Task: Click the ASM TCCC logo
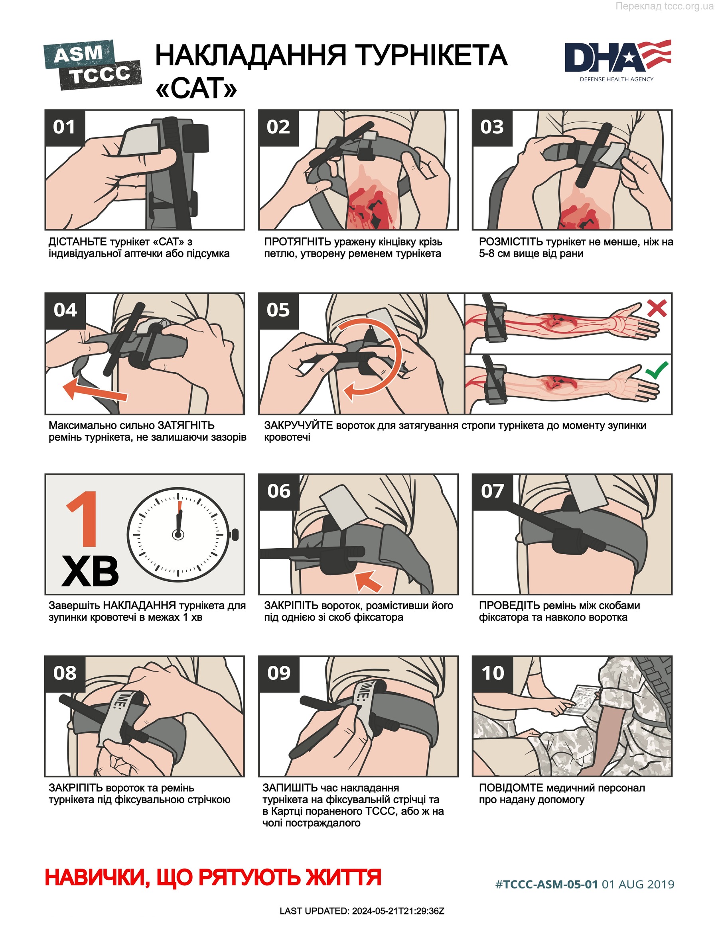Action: [x=93, y=65]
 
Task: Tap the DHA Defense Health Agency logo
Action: [x=617, y=61]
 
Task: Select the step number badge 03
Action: [x=492, y=128]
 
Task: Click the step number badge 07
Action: [x=493, y=491]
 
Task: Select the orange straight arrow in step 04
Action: [x=95, y=389]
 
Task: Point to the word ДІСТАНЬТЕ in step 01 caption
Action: [x=77, y=242]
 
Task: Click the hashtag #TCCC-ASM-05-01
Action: [x=546, y=884]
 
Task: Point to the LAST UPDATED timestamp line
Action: [x=362, y=911]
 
